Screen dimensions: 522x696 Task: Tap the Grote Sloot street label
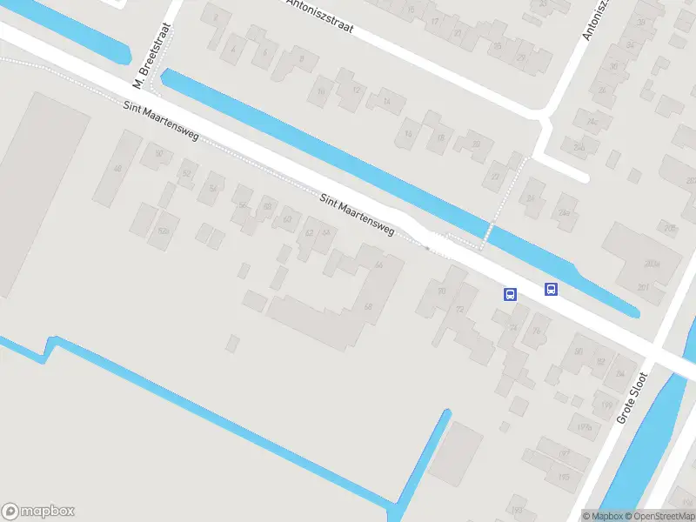coord(632,398)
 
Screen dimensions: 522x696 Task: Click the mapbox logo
coord(37,512)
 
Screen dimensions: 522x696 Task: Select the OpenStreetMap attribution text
coord(659,516)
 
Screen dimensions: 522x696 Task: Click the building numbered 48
coord(117,168)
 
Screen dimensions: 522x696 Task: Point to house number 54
coord(212,188)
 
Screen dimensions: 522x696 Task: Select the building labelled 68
coord(368,307)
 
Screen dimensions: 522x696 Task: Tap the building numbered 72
coord(460,310)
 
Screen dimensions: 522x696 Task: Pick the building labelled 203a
coord(652,263)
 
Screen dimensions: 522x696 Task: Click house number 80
coord(579,351)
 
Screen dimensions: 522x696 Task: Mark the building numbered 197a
coord(585,427)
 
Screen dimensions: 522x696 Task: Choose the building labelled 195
coord(564,478)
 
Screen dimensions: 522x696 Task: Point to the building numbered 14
coord(408,134)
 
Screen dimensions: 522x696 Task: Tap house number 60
coord(287,218)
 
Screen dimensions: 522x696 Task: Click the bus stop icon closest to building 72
coord(510,294)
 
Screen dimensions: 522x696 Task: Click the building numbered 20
coord(496,177)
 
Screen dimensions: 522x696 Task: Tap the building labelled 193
coord(517,510)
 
